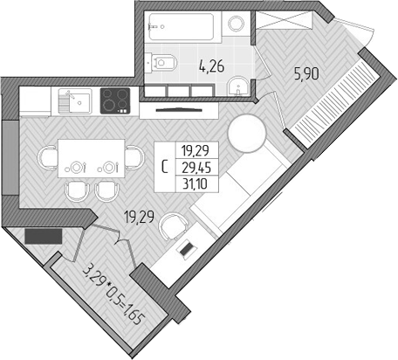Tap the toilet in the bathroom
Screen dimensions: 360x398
tap(165, 61)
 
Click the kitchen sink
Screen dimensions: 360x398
tap(73, 101)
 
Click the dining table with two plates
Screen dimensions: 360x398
tap(92, 160)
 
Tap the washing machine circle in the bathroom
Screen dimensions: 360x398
tap(236, 24)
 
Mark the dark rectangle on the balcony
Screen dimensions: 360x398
tap(43, 235)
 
